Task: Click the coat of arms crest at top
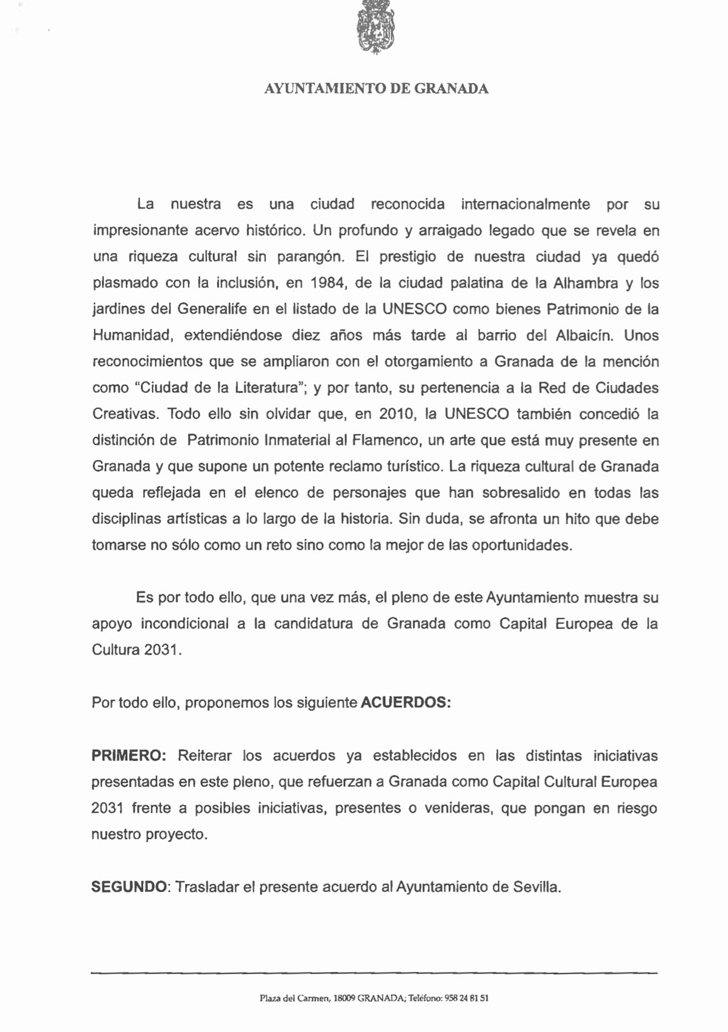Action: coord(375,27)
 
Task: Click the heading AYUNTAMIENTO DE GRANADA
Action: coord(376,89)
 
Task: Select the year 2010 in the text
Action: coord(397,414)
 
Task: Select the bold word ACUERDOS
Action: coord(405,702)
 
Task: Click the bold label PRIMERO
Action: coord(128,755)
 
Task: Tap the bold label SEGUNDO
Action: coord(128,886)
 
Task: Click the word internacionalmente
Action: coord(525,204)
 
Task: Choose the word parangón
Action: coord(311,257)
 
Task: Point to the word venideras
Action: coord(458,808)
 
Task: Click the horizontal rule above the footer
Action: coord(374,974)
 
